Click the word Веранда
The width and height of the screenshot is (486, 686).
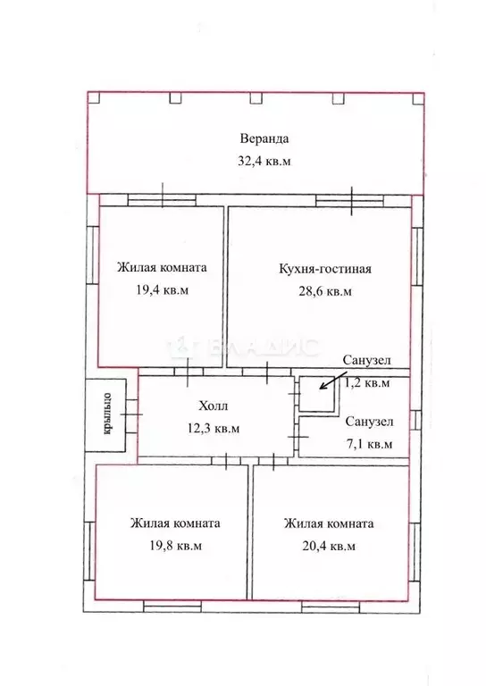(264, 139)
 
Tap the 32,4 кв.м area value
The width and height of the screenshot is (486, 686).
(264, 162)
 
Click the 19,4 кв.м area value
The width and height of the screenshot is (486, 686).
(161, 290)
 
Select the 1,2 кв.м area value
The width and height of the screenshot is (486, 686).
(367, 384)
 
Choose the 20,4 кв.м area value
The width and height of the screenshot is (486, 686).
(329, 546)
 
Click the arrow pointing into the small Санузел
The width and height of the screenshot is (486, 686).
(327, 381)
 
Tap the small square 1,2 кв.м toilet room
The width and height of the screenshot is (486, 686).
(312, 396)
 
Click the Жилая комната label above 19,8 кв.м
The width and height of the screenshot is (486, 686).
(174, 523)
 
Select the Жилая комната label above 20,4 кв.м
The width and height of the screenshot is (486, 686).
(329, 523)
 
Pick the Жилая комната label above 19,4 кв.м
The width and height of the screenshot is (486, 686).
(162, 267)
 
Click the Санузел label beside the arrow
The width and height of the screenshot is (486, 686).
(366, 360)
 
